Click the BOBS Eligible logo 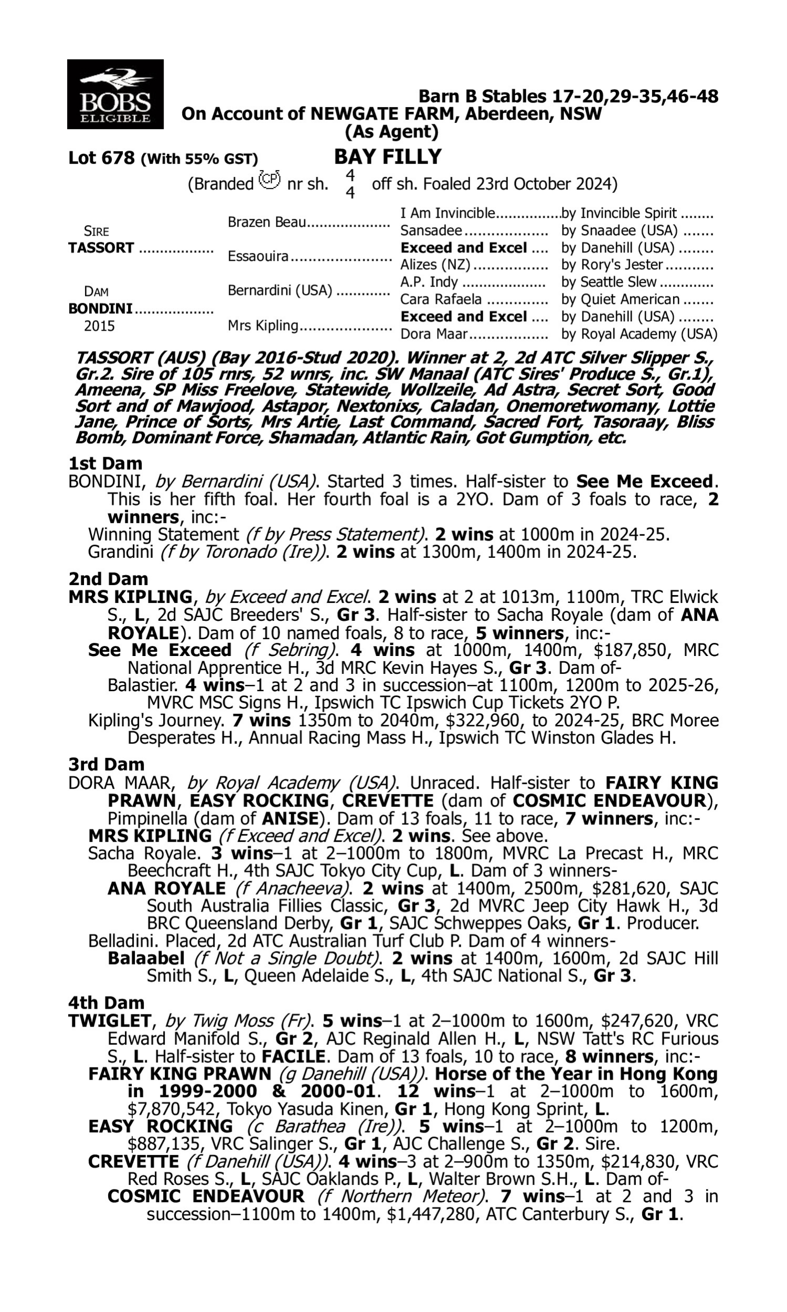(x=115, y=94)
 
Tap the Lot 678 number (x=101, y=158)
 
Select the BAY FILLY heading (x=388, y=157)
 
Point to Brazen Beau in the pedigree (x=267, y=222)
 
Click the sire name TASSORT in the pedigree (x=101, y=248)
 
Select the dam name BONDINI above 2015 (x=100, y=309)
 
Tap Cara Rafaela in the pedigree (x=441, y=300)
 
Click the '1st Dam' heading (x=105, y=463)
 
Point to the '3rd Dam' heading (x=107, y=764)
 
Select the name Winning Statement (x=163, y=535)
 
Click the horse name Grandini (x=121, y=552)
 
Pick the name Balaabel (x=146, y=958)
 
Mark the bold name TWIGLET (x=110, y=1020)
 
